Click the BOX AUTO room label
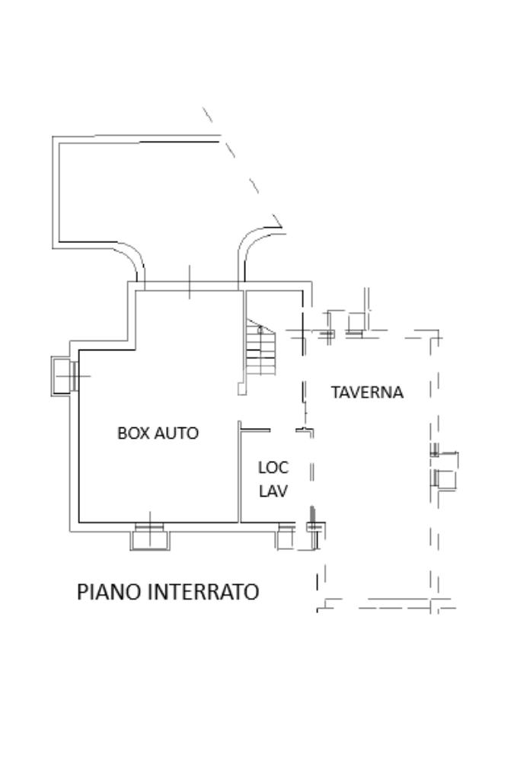[158, 433]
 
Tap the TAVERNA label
[367, 392]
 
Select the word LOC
[273, 468]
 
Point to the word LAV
[273, 491]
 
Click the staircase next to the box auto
[260, 350]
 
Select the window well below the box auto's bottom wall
[150, 539]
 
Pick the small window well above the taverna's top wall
[356, 324]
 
